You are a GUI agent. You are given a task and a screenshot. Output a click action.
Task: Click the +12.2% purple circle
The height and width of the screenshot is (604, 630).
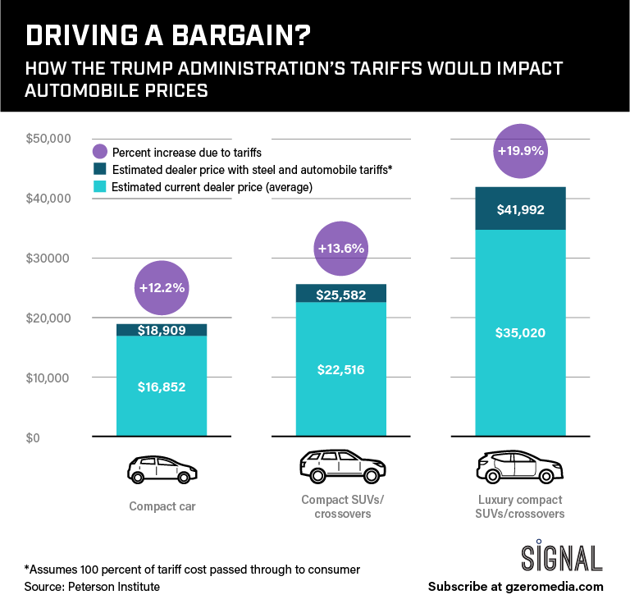[162, 287]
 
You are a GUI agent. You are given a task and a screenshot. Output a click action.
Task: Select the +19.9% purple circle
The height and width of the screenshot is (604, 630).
[520, 151]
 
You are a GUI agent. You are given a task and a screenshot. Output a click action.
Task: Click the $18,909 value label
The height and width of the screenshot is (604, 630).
[162, 331]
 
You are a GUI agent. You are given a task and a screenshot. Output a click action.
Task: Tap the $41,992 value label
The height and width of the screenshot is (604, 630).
[520, 209]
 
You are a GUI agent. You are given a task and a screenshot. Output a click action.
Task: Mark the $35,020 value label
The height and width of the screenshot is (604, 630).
[520, 332]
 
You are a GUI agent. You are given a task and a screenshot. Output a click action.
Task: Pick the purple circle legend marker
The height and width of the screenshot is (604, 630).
[100, 152]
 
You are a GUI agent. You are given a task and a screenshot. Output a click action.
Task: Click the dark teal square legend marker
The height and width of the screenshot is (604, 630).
[100, 170]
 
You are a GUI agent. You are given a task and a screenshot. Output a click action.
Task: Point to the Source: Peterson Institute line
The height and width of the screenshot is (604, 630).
[92, 586]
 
